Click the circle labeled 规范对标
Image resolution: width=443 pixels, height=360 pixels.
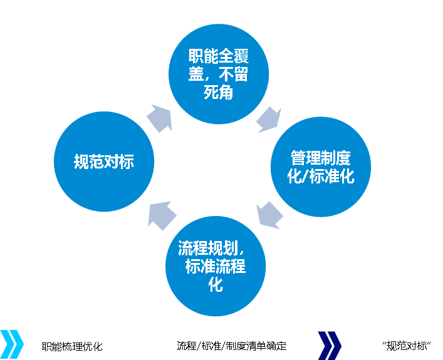click(104, 162)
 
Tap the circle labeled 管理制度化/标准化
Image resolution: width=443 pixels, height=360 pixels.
click(321, 167)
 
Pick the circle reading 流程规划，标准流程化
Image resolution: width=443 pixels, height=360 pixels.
click(215, 265)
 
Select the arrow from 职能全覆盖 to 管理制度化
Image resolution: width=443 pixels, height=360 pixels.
click(270, 120)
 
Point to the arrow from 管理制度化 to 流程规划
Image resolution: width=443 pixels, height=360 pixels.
click(270, 214)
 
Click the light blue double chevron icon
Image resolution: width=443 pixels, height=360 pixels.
click(11, 344)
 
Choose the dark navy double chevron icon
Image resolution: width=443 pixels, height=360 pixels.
click(330, 344)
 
